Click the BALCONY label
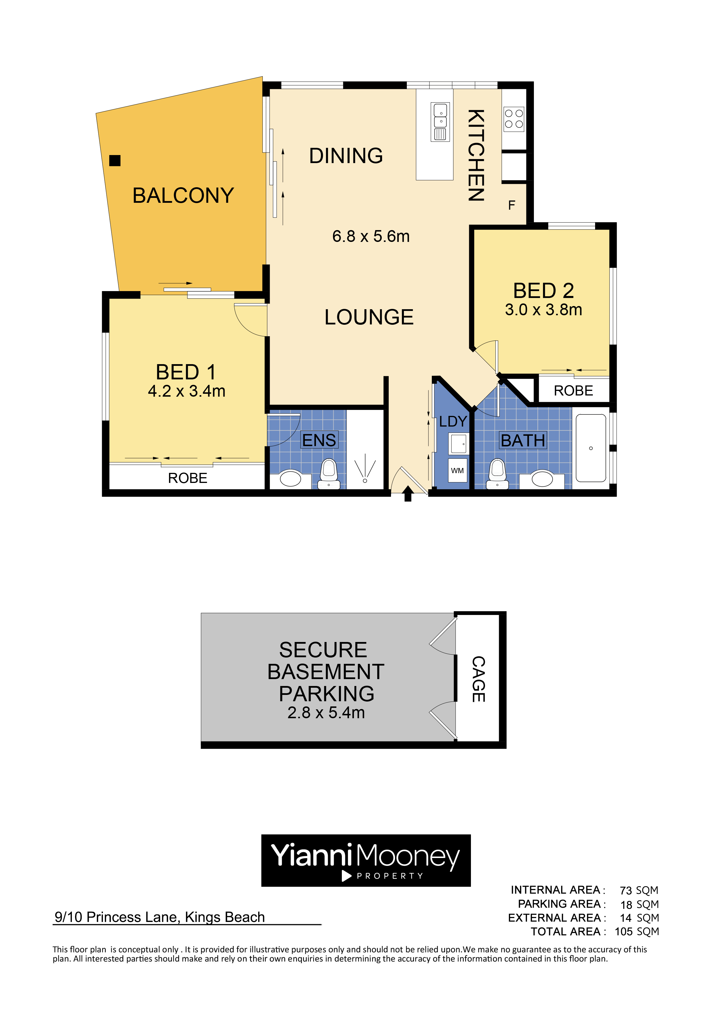tap(183, 196)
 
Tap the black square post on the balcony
tap(115, 161)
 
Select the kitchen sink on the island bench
tap(440, 122)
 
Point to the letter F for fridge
tap(511, 205)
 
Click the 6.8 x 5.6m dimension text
tap(371, 236)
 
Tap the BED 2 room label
tap(543, 291)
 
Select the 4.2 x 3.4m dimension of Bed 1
tap(187, 391)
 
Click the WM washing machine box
tap(457, 471)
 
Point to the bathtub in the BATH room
tap(591, 448)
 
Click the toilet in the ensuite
tap(329, 474)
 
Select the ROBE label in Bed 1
tap(187, 478)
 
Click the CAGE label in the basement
tap(478, 679)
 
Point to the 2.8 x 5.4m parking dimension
tap(326, 712)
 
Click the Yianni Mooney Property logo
tap(366, 861)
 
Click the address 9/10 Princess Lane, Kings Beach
tap(160, 917)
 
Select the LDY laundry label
tap(453, 421)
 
